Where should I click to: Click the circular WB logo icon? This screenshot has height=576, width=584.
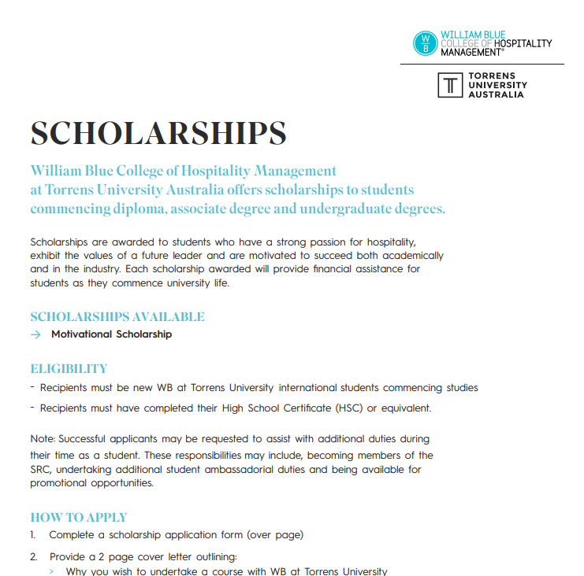[x=426, y=42]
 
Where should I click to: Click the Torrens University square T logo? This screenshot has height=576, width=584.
[x=451, y=85]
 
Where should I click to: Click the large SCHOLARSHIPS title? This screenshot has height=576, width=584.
[x=158, y=133]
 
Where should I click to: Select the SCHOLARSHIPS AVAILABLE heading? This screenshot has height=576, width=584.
[x=117, y=317]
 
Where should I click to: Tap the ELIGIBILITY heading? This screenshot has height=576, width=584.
[x=69, y=368]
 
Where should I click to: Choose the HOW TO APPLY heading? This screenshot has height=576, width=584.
[x=78, y=517]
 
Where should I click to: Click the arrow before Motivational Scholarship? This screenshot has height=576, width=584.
[x=36, y=334]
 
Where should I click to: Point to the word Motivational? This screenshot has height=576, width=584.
[x=82, y=334]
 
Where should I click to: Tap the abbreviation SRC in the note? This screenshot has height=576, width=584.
[x=40, y=470]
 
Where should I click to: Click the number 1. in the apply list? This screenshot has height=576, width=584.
[x=33, y=535]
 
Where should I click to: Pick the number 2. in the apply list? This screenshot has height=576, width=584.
[x=34, y=556]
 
